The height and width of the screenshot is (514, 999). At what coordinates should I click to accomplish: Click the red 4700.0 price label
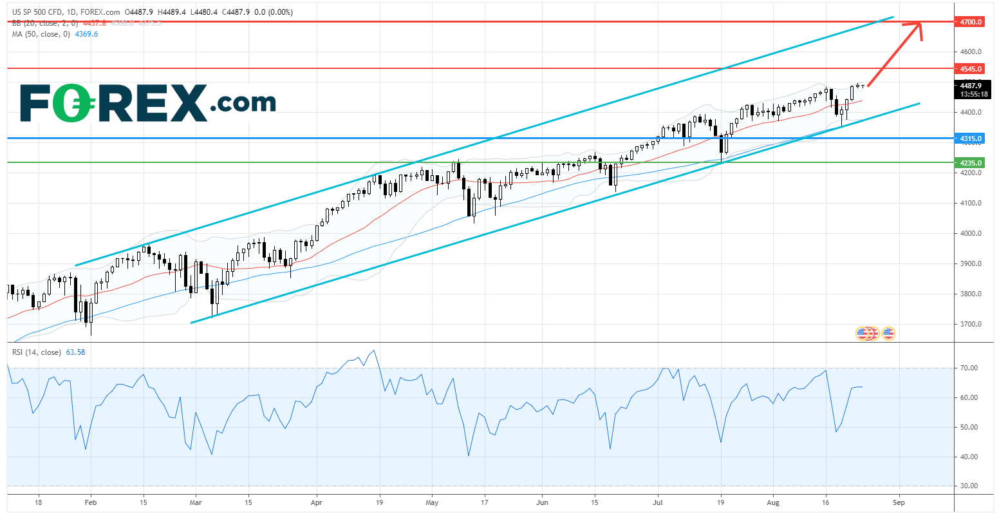(971, 22)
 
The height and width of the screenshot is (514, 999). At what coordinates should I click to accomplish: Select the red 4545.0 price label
(971, 69)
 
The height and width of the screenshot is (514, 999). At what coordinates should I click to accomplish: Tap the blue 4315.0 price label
(971, 138)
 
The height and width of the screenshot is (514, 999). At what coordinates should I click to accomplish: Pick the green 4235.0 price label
(971, 163)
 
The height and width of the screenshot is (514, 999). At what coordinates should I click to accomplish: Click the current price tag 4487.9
(971, 86)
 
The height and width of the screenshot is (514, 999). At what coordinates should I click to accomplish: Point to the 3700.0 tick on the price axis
(971, 324)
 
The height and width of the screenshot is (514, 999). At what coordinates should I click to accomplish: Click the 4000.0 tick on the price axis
(971, 233)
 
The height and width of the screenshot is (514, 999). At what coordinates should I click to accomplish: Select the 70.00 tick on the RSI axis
(969, 368)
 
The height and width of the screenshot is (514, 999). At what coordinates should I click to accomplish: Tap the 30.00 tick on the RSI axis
(969, 486)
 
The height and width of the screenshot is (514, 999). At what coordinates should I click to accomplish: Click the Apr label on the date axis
(316, 502)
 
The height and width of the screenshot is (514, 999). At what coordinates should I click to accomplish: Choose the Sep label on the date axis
(899, 502)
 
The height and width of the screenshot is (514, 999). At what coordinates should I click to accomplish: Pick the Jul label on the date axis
(658, 502)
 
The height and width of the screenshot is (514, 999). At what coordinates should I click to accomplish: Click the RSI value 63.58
(75, 352)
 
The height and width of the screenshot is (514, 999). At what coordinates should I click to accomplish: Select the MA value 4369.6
(87, 34)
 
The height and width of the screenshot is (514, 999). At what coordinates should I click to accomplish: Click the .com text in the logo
(244, 102)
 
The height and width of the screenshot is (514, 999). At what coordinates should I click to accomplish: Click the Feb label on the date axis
(91, 502)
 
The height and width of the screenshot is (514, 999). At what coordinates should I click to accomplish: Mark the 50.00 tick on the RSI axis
(969, 427)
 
